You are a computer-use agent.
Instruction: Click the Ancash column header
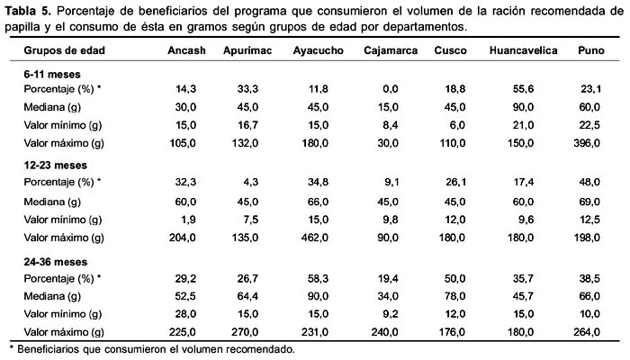[x=186, y=50]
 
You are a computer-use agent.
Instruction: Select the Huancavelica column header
[x=523, y=50]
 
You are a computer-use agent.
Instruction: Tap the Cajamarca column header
[x=391, y=50]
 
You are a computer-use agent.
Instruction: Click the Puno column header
[x=591, y=50]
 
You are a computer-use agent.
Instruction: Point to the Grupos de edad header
[x=64, y=50]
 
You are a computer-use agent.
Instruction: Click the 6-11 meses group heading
[x=52, y=75]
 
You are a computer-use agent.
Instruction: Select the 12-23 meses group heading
[x=55, y=165]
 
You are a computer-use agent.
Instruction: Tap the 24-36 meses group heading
[x=55, y=262]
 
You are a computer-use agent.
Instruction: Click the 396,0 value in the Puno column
[x=587, y=143]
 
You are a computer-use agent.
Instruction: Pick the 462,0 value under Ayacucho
[x=315, y=238]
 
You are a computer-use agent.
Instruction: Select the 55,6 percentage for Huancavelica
[x=523, y=89]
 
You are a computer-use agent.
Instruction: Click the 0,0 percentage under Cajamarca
[x=390, y=89]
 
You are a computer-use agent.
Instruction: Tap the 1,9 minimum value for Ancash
[x=188, y=220]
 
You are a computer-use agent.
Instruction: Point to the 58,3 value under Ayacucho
[x=318, y=278]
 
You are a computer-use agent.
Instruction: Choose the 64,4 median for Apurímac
[x=247, y=296]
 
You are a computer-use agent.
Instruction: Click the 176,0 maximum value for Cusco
[x=452, y=332]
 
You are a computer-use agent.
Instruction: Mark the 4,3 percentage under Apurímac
[x=250, y=182]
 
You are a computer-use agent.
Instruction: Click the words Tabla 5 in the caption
[x=28, y=11]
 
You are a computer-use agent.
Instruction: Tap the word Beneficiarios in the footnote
[x=59, y=349]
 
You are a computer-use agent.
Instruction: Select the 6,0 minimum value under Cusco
[x=457, y=125]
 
